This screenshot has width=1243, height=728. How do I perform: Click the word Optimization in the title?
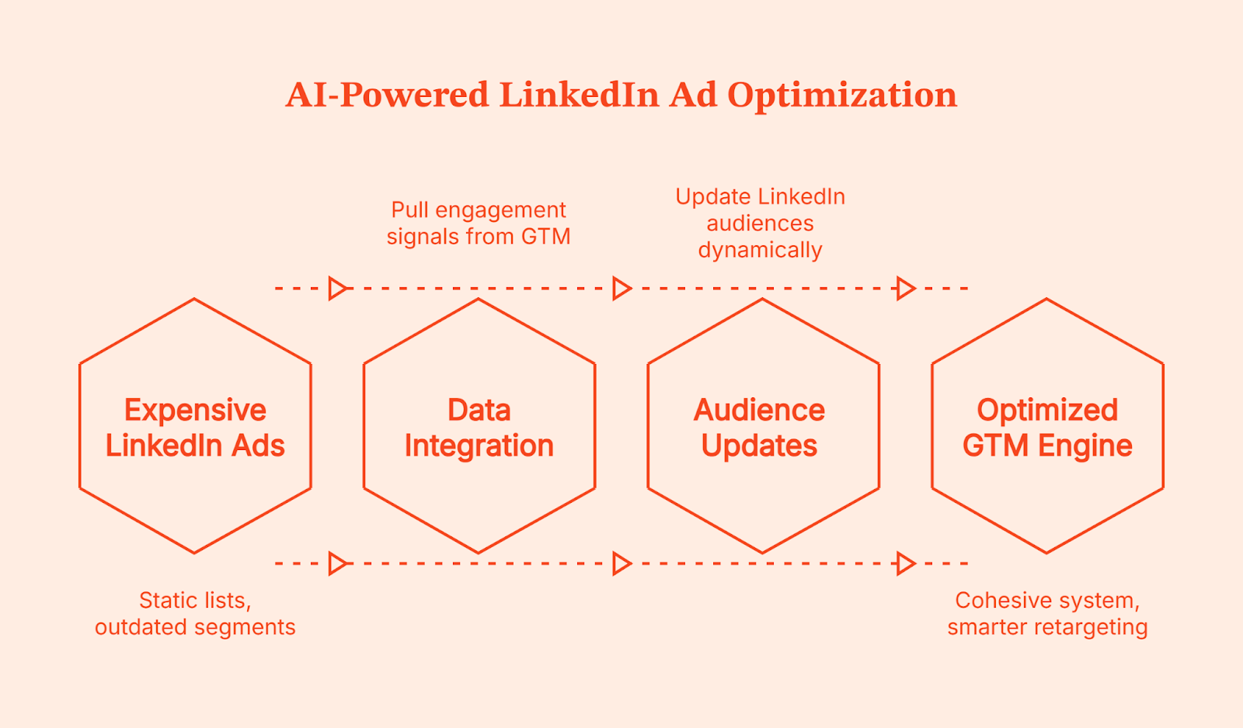point(842,95)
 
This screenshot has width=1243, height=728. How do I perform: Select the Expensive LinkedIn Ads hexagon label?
point(195,428)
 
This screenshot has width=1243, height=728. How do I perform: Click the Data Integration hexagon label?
point(479,428)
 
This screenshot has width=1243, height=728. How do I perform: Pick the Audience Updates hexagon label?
point(760,428)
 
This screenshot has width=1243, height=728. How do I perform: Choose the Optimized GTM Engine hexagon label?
point(1047,428)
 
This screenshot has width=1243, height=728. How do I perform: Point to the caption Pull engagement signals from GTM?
point(479,223)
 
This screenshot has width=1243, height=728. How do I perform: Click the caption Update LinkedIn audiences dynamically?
point(760,223)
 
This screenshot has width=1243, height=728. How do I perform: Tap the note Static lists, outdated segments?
point(195,613)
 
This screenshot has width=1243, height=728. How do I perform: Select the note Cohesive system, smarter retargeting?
point(1047,613)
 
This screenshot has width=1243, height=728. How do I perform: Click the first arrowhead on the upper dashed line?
point(337,288)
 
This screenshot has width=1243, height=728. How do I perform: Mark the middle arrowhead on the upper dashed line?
point(621,288)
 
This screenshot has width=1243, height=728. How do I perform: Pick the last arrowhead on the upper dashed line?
point(905,288)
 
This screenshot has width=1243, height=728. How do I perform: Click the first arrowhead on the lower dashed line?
point(337,563)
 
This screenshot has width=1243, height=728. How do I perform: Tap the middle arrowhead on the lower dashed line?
point(621,563)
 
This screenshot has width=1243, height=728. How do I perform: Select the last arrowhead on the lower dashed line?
point(905,563)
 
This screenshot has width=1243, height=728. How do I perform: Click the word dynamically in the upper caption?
point(760,251)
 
